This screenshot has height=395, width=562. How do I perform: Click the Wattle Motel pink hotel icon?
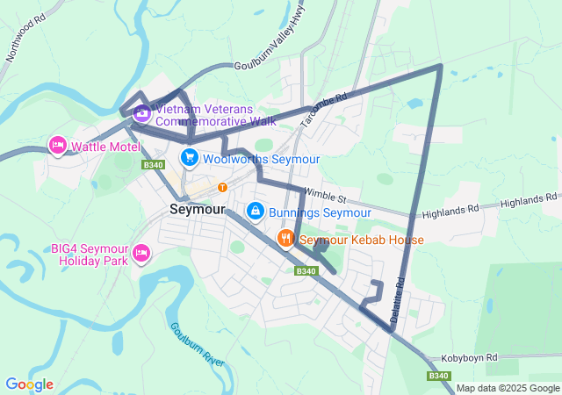click(58, 145)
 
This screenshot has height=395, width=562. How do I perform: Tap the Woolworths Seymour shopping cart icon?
click(189, 158)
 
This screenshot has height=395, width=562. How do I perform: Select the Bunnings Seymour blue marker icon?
click(255, 212)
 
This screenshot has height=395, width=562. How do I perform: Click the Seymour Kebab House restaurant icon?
click(285, 239)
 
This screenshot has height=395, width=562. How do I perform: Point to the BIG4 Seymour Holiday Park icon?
click(140, 255)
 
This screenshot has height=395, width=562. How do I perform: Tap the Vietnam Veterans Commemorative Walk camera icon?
click(141, 112)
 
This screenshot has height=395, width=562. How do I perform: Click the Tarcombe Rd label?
click(324, 110)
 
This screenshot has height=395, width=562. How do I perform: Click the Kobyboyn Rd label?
click(470, 358)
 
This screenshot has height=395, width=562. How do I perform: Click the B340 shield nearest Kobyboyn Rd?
click(441, 376)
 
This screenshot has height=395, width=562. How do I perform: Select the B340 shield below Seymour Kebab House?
click(305, 271)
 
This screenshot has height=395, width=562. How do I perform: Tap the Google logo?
click(29, 384)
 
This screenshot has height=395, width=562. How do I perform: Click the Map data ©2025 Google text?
click(507, 388)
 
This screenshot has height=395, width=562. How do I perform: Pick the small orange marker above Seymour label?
click(222, 186)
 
